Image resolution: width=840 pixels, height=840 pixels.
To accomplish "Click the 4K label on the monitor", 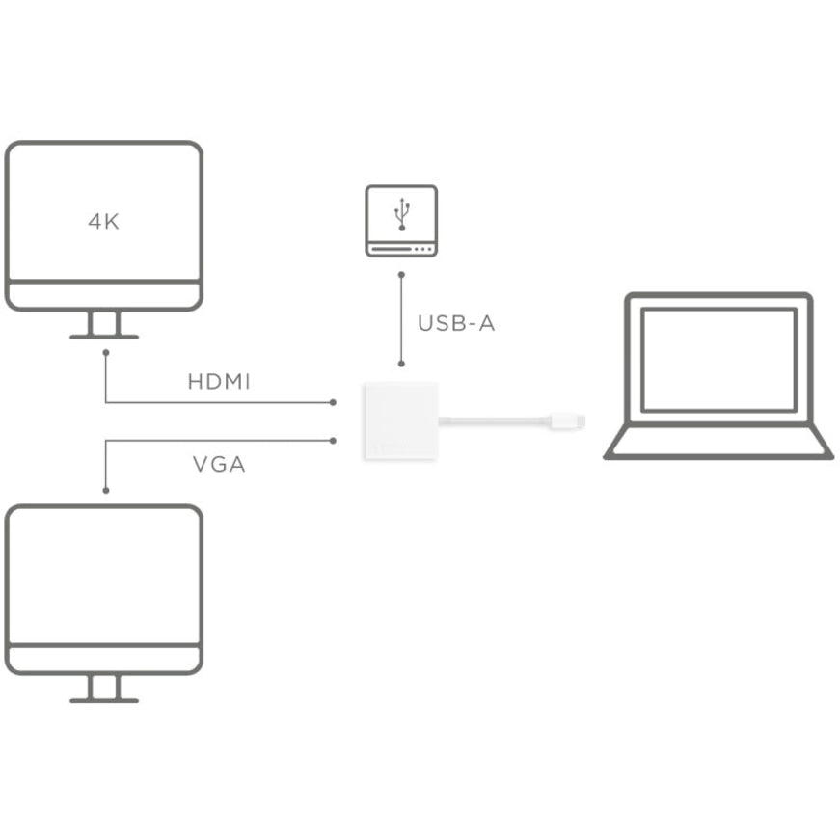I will click(x=103, y=222).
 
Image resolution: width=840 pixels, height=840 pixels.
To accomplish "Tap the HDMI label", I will click(x=219, y=382).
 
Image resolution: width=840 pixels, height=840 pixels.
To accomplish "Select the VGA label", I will click(x=219, y=465).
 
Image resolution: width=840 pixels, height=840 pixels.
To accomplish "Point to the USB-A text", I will click(x=456, y=324).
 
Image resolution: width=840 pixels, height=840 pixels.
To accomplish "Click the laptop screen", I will click(x=719, y=359).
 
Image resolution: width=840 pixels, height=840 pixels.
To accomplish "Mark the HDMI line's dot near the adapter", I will click(x=333, y=401).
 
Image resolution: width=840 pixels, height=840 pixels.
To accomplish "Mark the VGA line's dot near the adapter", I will click(x=333, y=441).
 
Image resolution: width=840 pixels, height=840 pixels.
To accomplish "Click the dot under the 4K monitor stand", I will click(x=105, y=353).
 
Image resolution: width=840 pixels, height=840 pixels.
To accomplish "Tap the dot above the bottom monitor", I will click(x=105, y=490).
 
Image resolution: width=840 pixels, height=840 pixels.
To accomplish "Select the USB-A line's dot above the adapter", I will click(x=401, y=365).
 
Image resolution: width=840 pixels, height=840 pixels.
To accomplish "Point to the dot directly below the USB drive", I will click(x=401, y=273).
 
